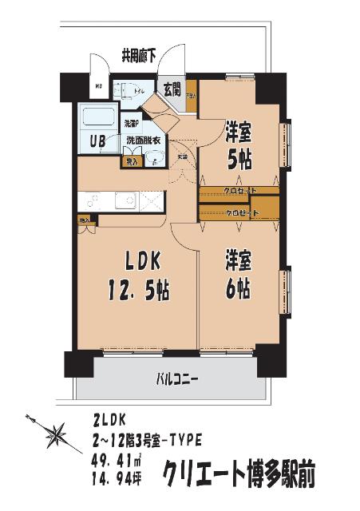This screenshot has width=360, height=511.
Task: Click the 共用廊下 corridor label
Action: click(x=138, y=56)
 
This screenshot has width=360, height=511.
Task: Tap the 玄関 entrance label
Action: click(x=172, y=89)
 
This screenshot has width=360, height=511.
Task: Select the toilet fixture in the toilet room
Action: click(x=127, y=90)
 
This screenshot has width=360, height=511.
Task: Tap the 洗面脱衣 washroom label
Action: click(x=144, y=141)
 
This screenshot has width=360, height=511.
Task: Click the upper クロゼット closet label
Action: click(x=240, y=191)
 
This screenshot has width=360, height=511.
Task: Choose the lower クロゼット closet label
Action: click(x=243, y=213)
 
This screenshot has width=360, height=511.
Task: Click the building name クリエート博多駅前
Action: click(x=239, y=475)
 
